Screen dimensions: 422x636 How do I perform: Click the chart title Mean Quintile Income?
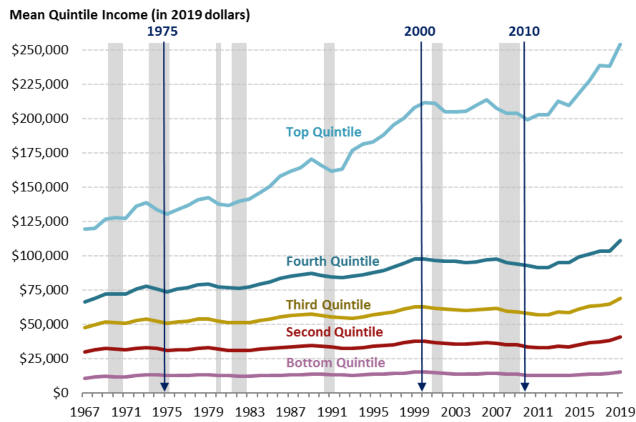coord(130,15)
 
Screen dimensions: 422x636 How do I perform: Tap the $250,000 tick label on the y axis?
coord(40,50)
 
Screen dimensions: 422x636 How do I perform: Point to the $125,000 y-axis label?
coord(40,221)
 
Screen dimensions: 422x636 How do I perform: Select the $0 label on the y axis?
coord(60,392)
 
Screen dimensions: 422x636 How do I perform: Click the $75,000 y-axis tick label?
coord(43,290)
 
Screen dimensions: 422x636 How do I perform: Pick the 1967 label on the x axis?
coord(84,412)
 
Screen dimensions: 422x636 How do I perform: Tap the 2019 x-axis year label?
coord(620,412)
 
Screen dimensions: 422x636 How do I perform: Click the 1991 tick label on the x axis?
coord(332,412)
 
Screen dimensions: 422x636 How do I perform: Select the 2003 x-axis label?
coord(455,412)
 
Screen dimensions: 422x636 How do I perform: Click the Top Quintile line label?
coord(323,132)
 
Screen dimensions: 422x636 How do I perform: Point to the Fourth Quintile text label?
coord(332,261)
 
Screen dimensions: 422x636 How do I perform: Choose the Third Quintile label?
coord(328,305)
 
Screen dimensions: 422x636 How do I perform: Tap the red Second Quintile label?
coord(334,332)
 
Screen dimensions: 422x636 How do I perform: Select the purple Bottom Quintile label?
coord(335,363)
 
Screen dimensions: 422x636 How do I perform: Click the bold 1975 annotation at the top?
coord(162,31)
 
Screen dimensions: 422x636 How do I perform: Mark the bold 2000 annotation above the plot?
coord(419,31)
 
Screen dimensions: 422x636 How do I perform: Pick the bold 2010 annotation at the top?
coord(524,31)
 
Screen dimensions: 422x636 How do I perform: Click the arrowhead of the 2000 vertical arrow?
coord(422,387)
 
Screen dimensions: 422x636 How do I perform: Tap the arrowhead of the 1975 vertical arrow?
coord(164,387)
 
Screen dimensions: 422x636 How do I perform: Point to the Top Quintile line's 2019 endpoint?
coord(620,44)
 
